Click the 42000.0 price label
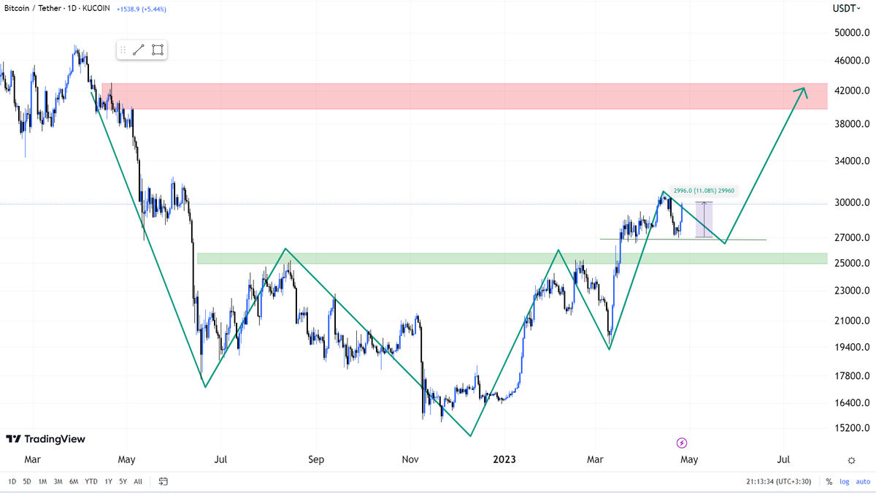pos(850,90)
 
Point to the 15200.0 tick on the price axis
pos(850,427)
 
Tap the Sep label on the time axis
pos(315,459)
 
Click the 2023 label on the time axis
pos(504,459)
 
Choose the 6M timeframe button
pos(74,481)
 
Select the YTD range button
pos(91,481)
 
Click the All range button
pos(138,481)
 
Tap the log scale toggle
pos(845,481)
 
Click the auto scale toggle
pos(864,481)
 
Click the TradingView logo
pos(45,439)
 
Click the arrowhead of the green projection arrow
pos(804,90)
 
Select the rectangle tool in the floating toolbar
pos(158,50)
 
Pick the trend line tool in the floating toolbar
pos(139,50)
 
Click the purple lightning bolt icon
pos(682,443)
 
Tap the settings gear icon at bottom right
pos(851,460)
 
